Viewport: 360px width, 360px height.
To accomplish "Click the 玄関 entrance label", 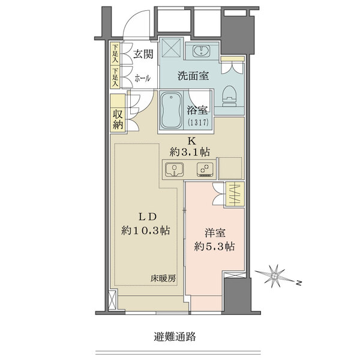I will point(143,54).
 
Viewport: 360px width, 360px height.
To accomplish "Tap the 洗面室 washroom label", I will point(192,76).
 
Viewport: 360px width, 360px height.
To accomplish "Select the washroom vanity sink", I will point(200,51).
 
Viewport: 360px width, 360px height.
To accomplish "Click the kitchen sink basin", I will point(175,169).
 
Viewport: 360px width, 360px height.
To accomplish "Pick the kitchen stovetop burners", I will point(205,169).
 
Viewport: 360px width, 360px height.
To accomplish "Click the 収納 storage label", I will point(118,118).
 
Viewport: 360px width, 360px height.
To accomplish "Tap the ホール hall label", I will point(142,78).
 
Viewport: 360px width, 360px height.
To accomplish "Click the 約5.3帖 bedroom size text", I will point(214,247).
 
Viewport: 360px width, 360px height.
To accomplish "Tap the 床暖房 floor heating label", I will point(163,278).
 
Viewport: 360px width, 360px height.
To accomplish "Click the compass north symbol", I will point(276,275).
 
